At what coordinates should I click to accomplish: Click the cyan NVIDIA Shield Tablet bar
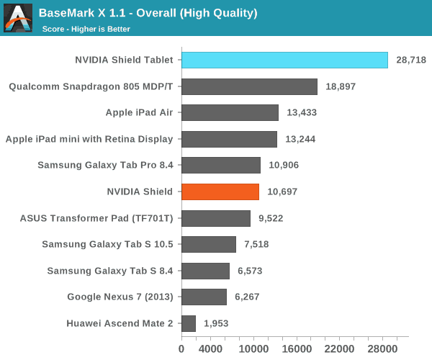[284, 60]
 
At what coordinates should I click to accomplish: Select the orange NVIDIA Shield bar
[220, 192]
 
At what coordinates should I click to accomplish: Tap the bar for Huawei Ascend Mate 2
[189, 323]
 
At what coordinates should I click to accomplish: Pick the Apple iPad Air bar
[230, 112]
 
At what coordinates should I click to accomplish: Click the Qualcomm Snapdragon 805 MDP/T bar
[249, 86]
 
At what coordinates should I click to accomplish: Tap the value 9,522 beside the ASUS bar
[271, 218]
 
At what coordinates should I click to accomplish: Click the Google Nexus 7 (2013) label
[120, 297]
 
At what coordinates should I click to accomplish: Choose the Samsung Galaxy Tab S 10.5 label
[108, 244]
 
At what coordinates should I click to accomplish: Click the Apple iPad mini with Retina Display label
[89, 139]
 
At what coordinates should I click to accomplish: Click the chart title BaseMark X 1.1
[148, 13]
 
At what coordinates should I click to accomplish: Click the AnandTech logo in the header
[18, 18]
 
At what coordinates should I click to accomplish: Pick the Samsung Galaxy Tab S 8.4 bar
[205, 271]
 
